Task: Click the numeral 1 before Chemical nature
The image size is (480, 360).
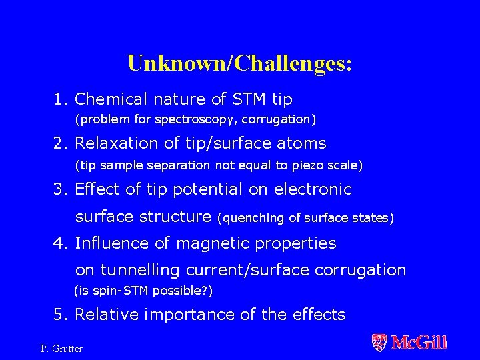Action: [59, 99]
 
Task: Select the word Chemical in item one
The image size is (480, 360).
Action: [109, 99]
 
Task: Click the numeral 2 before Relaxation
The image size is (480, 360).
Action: [59, 143]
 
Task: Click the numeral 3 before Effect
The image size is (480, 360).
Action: [59, 189]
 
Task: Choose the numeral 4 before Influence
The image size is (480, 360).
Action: [59, 243]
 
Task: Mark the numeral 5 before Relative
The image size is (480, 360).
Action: [59, 314]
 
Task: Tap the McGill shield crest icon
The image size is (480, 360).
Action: [379, 343]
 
